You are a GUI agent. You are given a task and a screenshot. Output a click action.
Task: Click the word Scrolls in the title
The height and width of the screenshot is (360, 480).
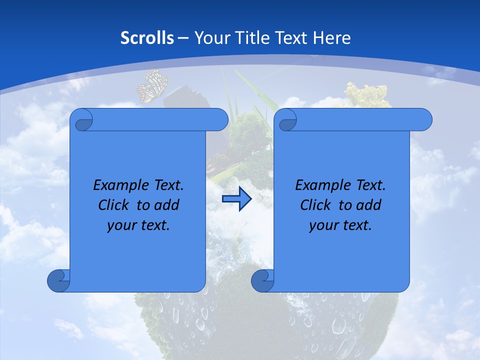(147, 38)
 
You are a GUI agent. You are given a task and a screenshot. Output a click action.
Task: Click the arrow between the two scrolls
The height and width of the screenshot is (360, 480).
(236, 199)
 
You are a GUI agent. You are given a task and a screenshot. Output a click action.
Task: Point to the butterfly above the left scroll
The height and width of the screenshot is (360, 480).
(152, 86)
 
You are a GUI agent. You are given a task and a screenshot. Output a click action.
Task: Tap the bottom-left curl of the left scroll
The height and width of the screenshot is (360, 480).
(59, 280)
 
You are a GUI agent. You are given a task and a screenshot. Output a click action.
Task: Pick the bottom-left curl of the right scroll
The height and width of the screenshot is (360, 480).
(262, 280)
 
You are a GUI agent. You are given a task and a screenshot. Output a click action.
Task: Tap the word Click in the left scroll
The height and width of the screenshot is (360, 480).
(113, 205)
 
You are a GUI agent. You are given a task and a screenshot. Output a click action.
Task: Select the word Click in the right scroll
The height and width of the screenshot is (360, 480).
(315, 205)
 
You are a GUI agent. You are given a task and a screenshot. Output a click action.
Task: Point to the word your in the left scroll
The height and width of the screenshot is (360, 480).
(120, 225)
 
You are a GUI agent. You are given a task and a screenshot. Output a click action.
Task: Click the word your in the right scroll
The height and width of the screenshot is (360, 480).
(322, 225)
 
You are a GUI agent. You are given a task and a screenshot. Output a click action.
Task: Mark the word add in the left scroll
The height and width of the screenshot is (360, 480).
(167, 205)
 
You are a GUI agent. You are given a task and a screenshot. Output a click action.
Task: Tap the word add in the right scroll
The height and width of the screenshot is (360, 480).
(369, 205)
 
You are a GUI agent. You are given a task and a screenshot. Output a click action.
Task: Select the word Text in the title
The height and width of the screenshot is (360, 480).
(291, 38)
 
